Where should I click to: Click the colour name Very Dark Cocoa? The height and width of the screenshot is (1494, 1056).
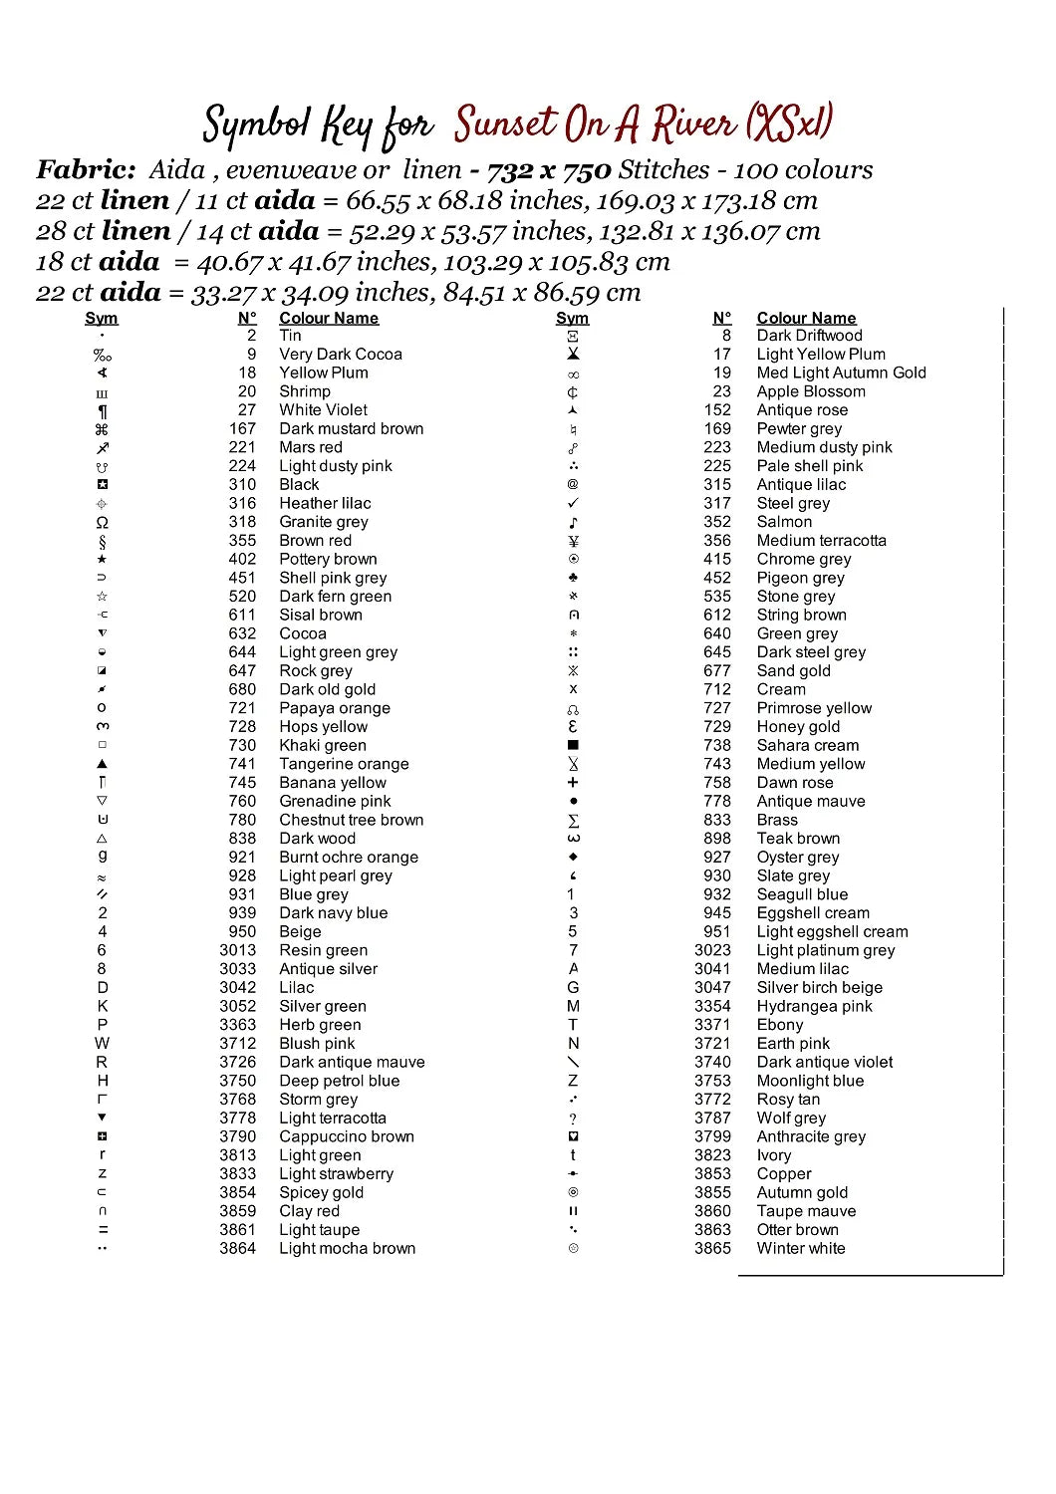[x=341, y=355]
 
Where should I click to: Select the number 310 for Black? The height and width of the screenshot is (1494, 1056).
[x=242, y=485]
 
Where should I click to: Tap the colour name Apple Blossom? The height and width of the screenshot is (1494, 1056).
[x=811, y=391]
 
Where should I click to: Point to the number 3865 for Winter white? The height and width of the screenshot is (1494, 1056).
[x=712, y=1249]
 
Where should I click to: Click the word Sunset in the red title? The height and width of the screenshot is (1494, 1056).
[x=505, y=125]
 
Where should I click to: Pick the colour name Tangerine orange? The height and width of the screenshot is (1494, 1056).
[x=344, y=765]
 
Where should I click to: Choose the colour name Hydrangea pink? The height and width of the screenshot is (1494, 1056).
[x=814, y=1007]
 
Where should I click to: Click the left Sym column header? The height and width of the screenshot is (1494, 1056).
[x=102, y=319]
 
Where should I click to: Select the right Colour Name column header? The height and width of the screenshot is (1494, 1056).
[x=806, y=319]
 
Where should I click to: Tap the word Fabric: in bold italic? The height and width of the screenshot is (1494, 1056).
[x=87, y=170]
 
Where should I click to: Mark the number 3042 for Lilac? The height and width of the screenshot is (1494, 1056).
[x=238, y=988]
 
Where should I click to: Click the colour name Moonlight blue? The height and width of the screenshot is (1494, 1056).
[x=810, y=1082]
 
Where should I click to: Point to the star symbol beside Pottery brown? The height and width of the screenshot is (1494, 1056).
[x=103, y=560]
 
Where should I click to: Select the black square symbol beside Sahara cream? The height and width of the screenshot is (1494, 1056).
[x=573, y=745]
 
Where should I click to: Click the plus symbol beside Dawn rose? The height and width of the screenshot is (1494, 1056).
[x=573, y=783]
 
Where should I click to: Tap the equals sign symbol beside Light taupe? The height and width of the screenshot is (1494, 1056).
[x=103, y=1230]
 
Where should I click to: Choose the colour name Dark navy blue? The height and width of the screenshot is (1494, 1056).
[x=333, y=913]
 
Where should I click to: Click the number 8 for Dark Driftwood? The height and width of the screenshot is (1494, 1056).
[x=726, y=336]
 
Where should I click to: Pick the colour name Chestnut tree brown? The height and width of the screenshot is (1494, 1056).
[x=351, y=821]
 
